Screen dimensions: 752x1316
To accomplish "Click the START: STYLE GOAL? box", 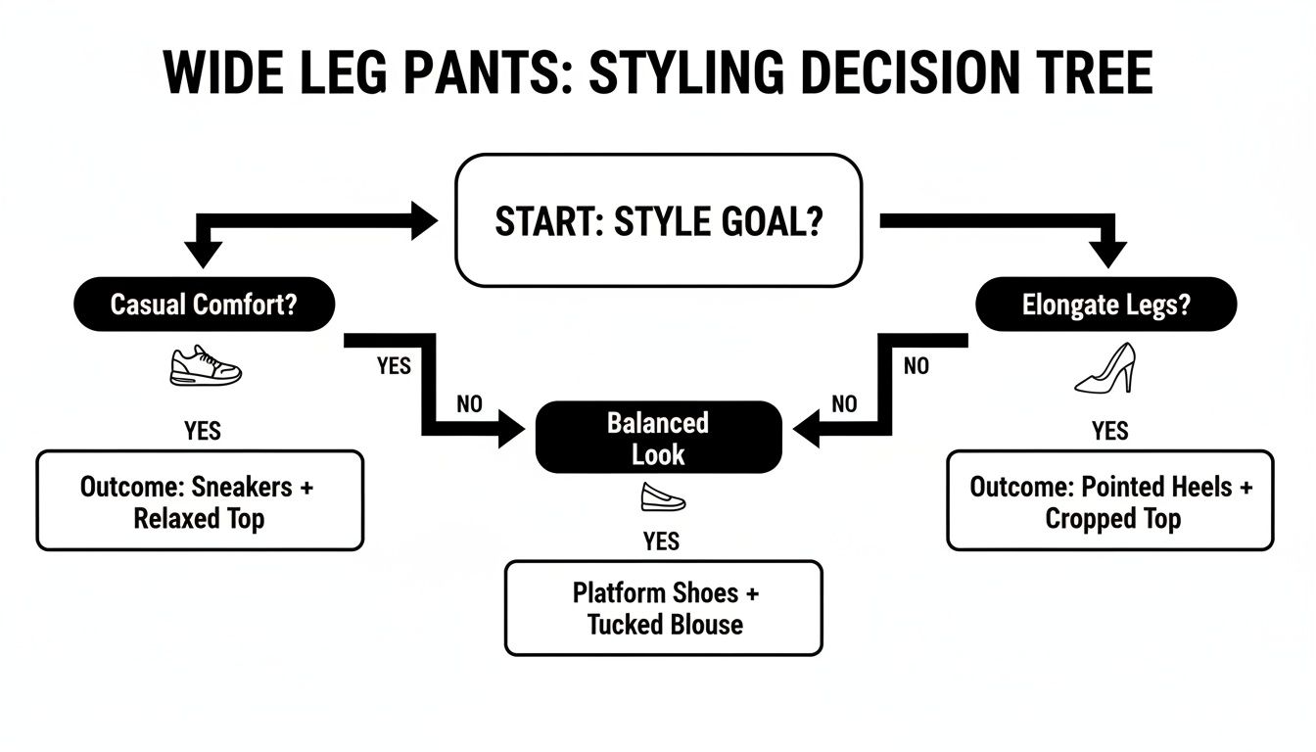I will (x=658, y=220).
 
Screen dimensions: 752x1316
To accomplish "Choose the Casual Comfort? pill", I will (x=204, y=305).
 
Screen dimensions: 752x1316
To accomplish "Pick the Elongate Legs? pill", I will (x=1106, y=305).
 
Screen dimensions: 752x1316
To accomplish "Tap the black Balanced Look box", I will (x=659, y=438).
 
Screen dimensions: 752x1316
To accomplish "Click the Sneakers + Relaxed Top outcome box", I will (x=200, y=501).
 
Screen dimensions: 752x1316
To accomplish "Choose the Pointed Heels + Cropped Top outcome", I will (x=1110, y=501).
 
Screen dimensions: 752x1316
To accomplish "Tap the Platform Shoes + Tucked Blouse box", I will (x=664, y=608).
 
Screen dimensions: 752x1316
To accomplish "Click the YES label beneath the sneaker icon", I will (x=203, y=431).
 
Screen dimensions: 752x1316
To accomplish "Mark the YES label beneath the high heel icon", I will (x=1109, y=431).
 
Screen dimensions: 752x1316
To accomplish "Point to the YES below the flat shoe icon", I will (x=662, y=541).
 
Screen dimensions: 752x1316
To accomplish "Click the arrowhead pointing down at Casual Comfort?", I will (x=204, y=254).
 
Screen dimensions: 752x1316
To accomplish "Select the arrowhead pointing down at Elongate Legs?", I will (x=1108, y=254).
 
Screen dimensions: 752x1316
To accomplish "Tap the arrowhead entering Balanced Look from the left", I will (x=513, y=428).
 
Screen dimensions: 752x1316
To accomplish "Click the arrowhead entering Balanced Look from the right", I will (x=807, y=428).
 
